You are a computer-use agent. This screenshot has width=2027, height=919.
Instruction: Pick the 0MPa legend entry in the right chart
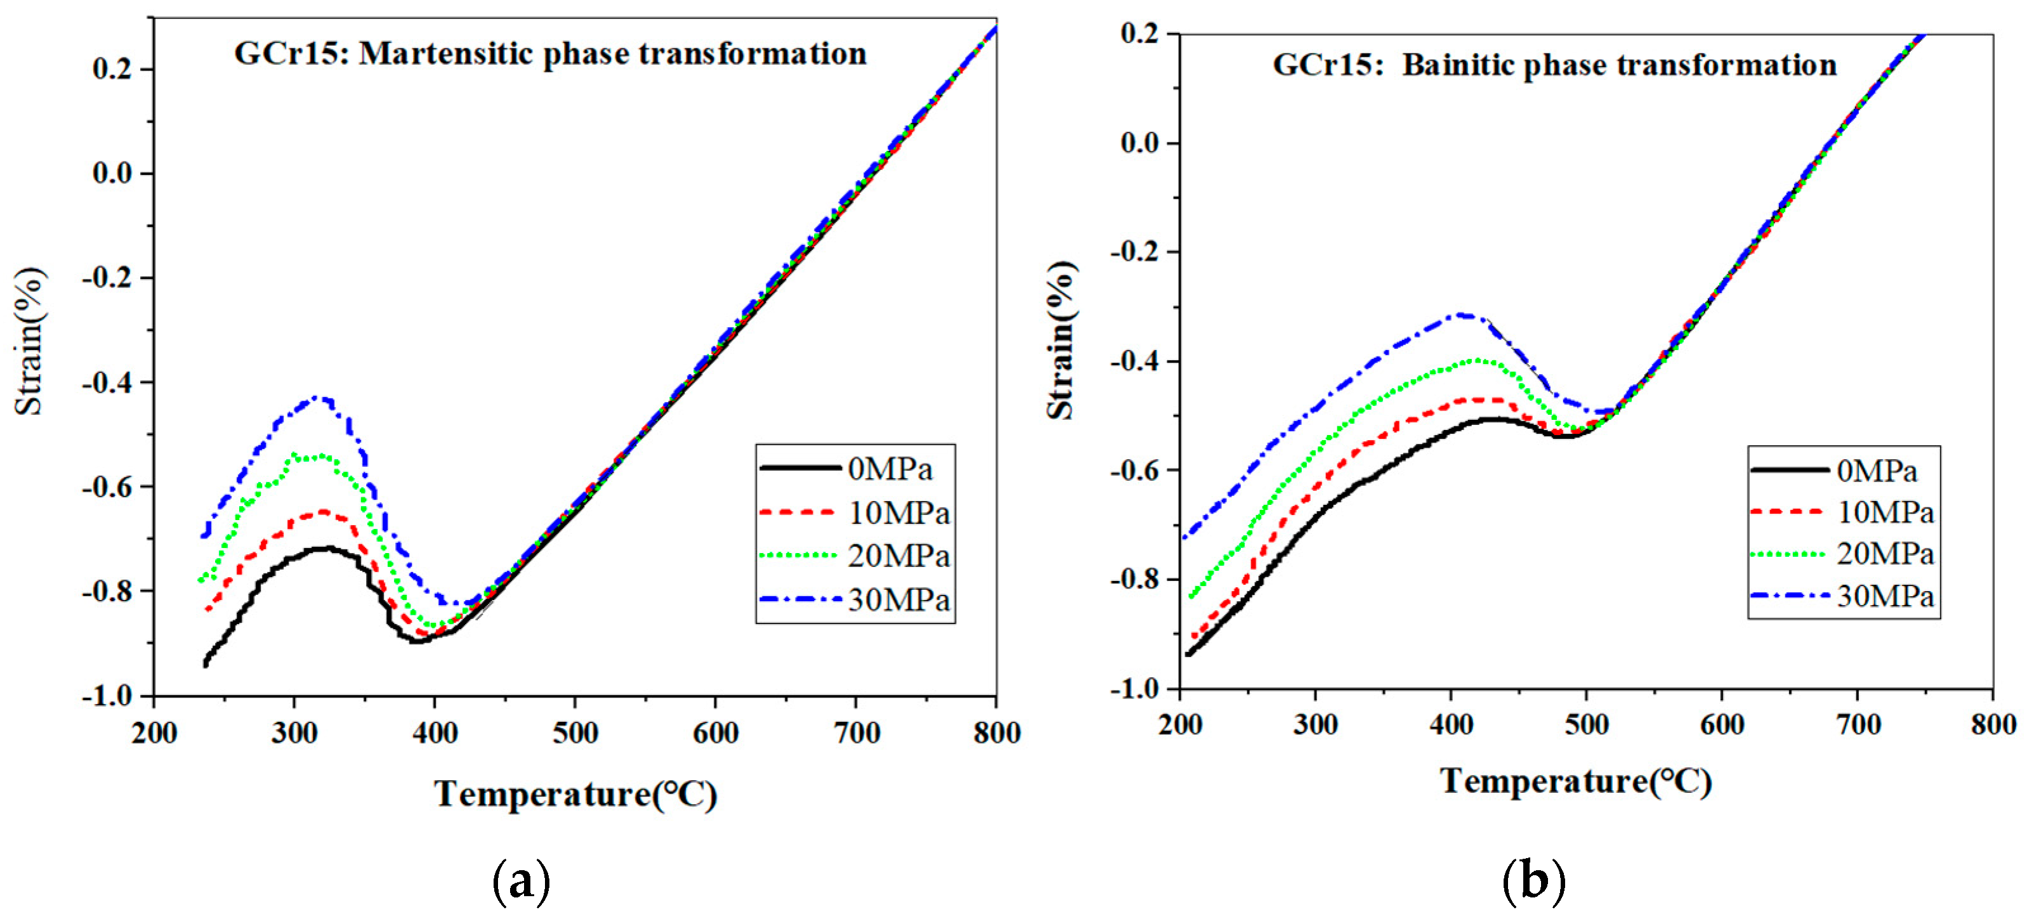pyautogui.click(x=1877, y=471)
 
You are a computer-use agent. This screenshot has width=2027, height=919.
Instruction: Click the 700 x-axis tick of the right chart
pyautogui.click(x=1857, y=724)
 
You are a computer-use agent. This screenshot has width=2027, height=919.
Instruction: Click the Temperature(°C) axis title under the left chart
pyautogui.click(x=575, y=794)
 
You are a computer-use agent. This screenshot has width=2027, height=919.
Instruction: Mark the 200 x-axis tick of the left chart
pyautogui.click(x=154, y=733)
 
